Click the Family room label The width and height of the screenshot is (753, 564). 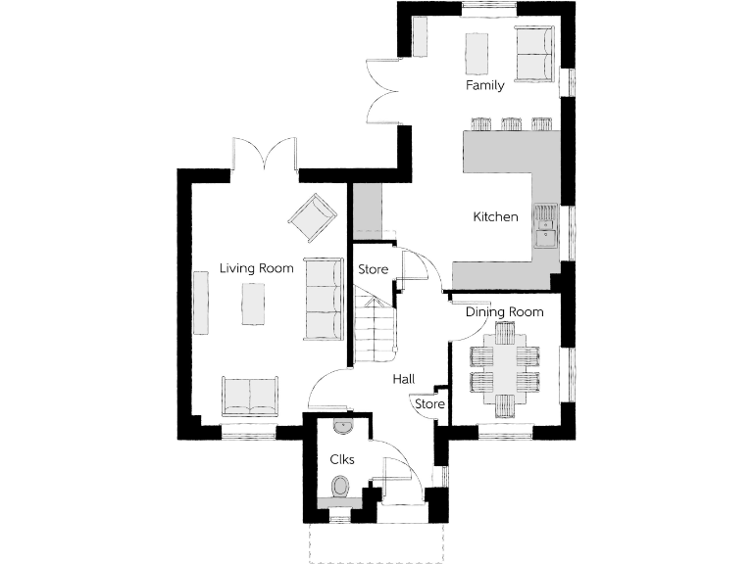[x=484, y=85]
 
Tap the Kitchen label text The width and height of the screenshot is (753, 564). [x=495, y=216]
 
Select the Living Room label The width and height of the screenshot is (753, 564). [x=256, y=267]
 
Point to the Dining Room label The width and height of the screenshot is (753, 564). [x=504, y=311]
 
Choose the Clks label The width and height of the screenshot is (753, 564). [x=341, y=458]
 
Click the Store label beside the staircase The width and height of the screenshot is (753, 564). [x=373, y=269]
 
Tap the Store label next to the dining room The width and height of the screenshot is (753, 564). [x=429, y=403]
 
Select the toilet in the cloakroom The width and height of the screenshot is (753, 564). [x=340, y=486]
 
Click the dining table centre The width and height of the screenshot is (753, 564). [x=504, y=368]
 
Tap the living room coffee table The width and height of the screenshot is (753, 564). [x=254, y=304]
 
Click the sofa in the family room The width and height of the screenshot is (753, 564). [x=534, y=55]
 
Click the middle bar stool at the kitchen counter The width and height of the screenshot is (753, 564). [x=510, y=124]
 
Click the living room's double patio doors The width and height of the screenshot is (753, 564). [x=265, y=157]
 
